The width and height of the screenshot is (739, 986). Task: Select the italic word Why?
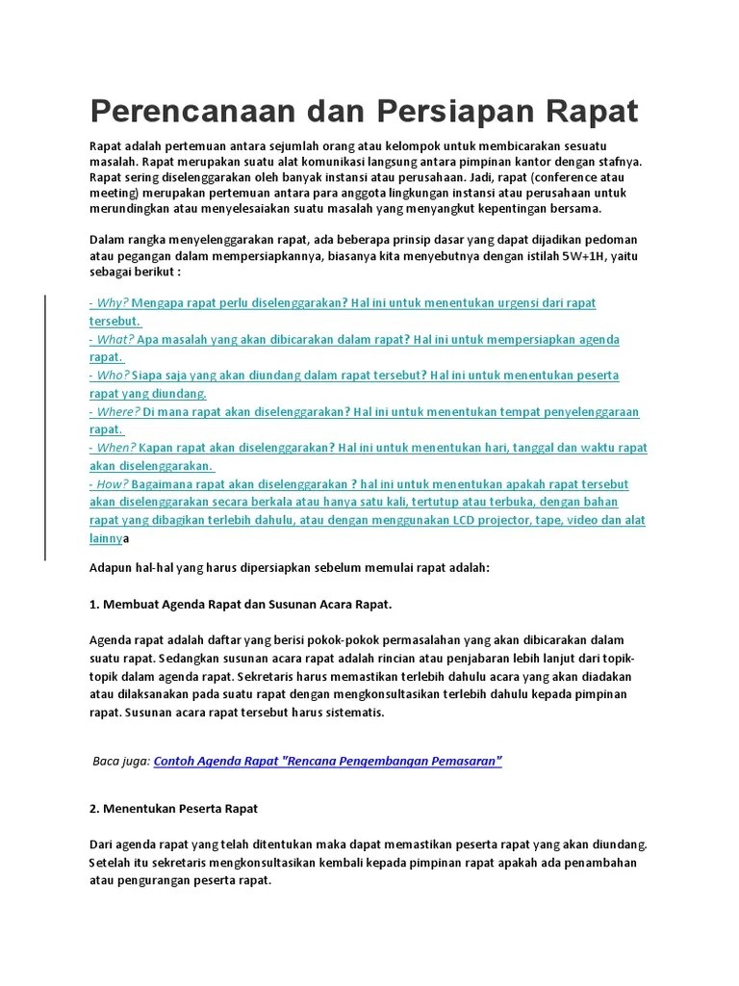[x=112, y=302]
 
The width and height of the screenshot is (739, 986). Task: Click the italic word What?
[x=115, y=339]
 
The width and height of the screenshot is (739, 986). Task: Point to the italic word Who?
[x=114, y=375]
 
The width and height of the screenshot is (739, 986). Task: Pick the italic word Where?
[x=118, y=411]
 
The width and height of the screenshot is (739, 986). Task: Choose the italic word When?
[x=115, y=448]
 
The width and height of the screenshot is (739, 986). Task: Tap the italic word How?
[x=112, y=483]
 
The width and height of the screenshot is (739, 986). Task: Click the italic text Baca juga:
[x=120, y=761]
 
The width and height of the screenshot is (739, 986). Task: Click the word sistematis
[x=355, y=713]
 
